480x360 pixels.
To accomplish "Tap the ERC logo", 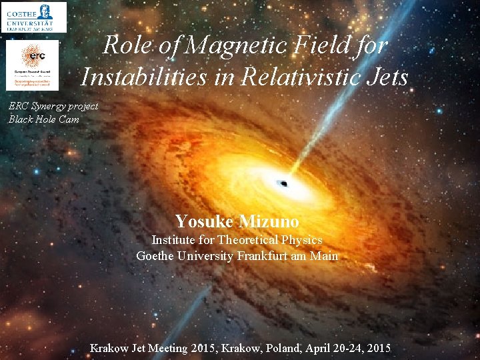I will coord(33,65).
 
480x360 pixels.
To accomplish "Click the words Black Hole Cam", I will coord(44,119).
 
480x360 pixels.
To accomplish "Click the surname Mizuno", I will coord(269,221).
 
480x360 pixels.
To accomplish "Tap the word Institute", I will coord(173,240).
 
